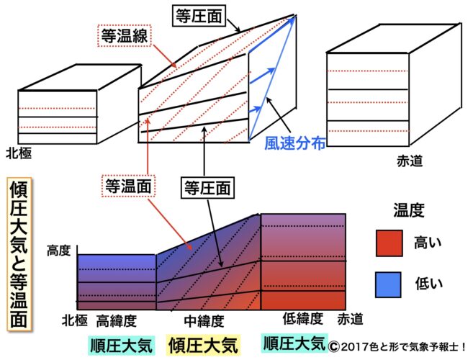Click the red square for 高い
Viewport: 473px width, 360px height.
[x=390, y=243]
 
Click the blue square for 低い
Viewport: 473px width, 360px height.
[x=390, y=284]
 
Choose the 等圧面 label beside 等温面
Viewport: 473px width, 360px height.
[x=204, y=189]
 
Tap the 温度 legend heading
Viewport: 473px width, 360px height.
[x=408, y=210]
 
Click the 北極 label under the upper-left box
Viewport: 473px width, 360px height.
[x=19, y=153]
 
